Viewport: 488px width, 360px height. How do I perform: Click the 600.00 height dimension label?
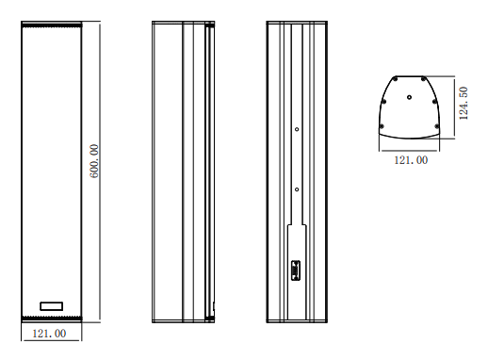point(94,161)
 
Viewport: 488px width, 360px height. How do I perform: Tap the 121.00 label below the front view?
point(49,334)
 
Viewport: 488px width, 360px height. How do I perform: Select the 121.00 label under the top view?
point(411,160)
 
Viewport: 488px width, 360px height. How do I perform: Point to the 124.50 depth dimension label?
point(464,103)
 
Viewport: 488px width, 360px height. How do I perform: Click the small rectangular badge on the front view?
point(52,306)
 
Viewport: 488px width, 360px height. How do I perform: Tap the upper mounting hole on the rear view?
point(297,129)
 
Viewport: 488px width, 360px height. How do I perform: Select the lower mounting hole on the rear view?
point(297,189)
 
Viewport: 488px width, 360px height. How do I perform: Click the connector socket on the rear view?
point(295,270)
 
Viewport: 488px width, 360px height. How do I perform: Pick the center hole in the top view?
point(409,97)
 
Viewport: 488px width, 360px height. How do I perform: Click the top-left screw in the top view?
point(396,79)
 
